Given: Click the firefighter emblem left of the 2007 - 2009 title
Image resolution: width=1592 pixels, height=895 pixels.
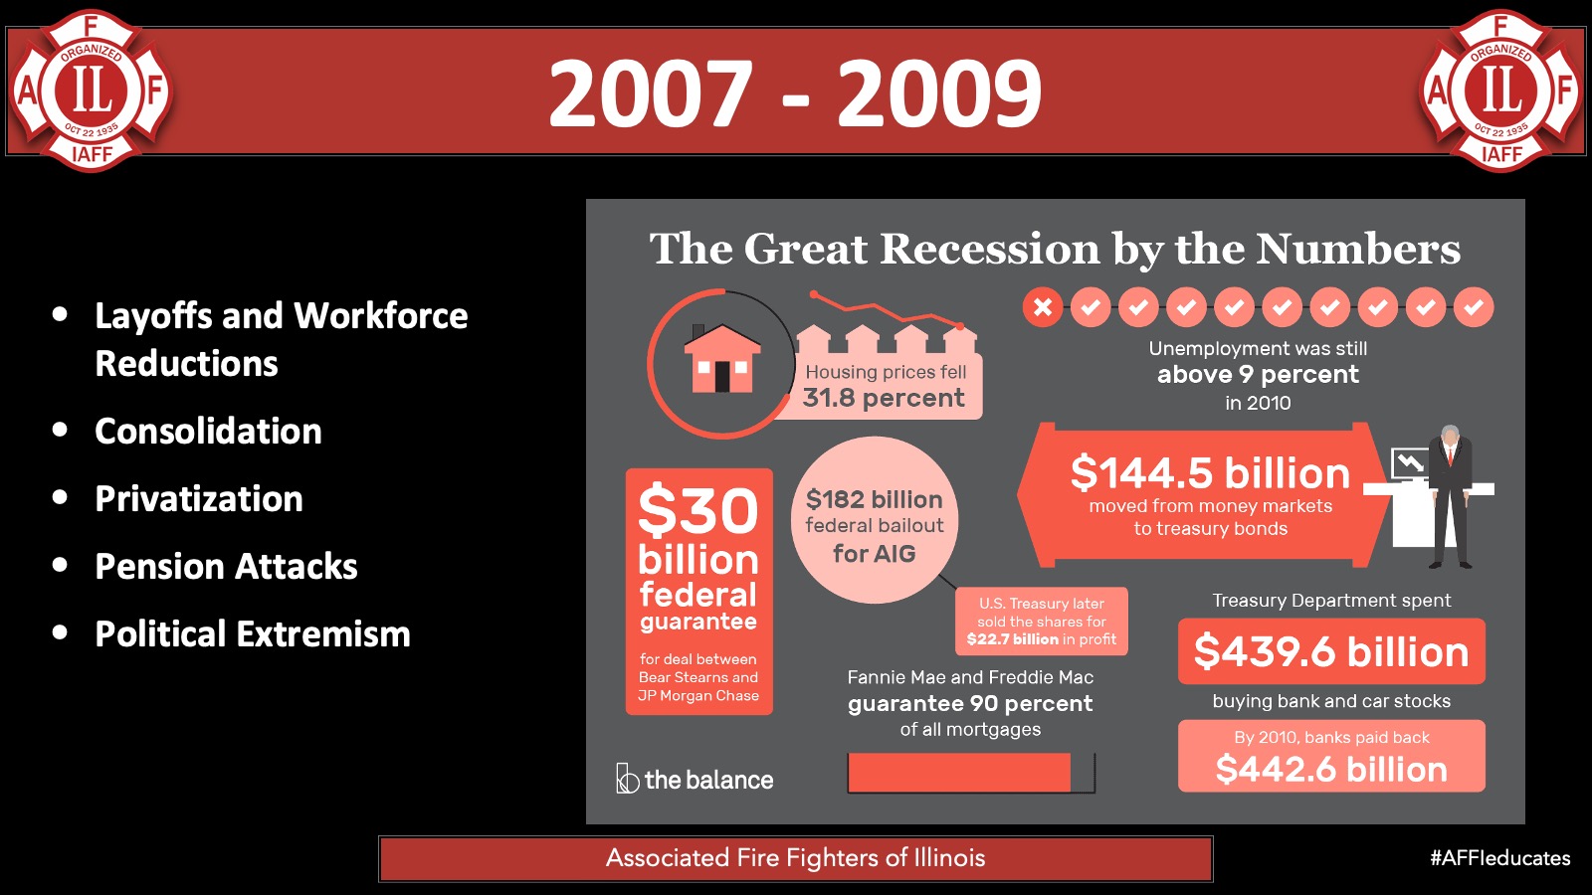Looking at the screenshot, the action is pyautogui.click(x=91, y=90).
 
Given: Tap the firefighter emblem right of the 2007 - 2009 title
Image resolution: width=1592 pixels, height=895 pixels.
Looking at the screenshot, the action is pyautogui.click(x=1501, y=90).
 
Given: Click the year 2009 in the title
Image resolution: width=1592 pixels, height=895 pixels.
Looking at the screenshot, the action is pyautogui.click(x=939, y=93).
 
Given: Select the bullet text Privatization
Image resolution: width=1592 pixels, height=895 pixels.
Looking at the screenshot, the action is pyautogui.click(x=199, y=498).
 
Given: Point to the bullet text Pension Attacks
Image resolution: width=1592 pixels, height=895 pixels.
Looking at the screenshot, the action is pyautogui.click(x=226, y=566).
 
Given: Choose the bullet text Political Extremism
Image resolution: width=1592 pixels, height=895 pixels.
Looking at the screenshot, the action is pyautogui.click(x=253, y=633).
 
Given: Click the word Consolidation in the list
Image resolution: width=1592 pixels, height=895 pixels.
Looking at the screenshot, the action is pyautogui.click(x=208, y=432).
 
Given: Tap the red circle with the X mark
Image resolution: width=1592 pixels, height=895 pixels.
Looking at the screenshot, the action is pyautogui.click(x=1043, y=307).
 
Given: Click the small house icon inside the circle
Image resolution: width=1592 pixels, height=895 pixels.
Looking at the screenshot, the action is pyautogui.click(x=722, y=359).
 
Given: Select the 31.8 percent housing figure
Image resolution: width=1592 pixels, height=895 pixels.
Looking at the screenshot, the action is pyautogui.click(x=884, y=398).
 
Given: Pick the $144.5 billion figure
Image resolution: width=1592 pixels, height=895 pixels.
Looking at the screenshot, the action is pyautogui.click(x=1210, y=473).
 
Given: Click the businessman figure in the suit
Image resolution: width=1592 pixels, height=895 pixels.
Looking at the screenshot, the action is pyautogui.click(x=1450, y=496).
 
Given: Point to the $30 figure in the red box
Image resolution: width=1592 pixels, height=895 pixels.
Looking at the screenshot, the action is pyautogui.click(x=697, y=510).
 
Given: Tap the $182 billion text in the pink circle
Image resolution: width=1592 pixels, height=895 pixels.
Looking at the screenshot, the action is pyautogui.click(x=875, y=499).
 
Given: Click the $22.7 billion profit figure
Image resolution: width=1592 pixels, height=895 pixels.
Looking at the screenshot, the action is pyautogui.click(x=1013, y=639).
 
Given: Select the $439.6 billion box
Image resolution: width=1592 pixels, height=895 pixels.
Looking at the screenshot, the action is pyautogui.click(x=1331, y=651).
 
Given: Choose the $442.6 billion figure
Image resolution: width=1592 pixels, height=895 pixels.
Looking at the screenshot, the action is pyautogui.click(x=1331, y=770).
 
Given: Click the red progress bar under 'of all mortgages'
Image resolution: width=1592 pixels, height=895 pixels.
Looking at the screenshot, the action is pyautogui.click(x=959, y=772).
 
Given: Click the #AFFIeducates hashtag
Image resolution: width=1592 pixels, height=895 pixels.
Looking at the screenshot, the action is pyautogui.click(x=1500, y=858).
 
